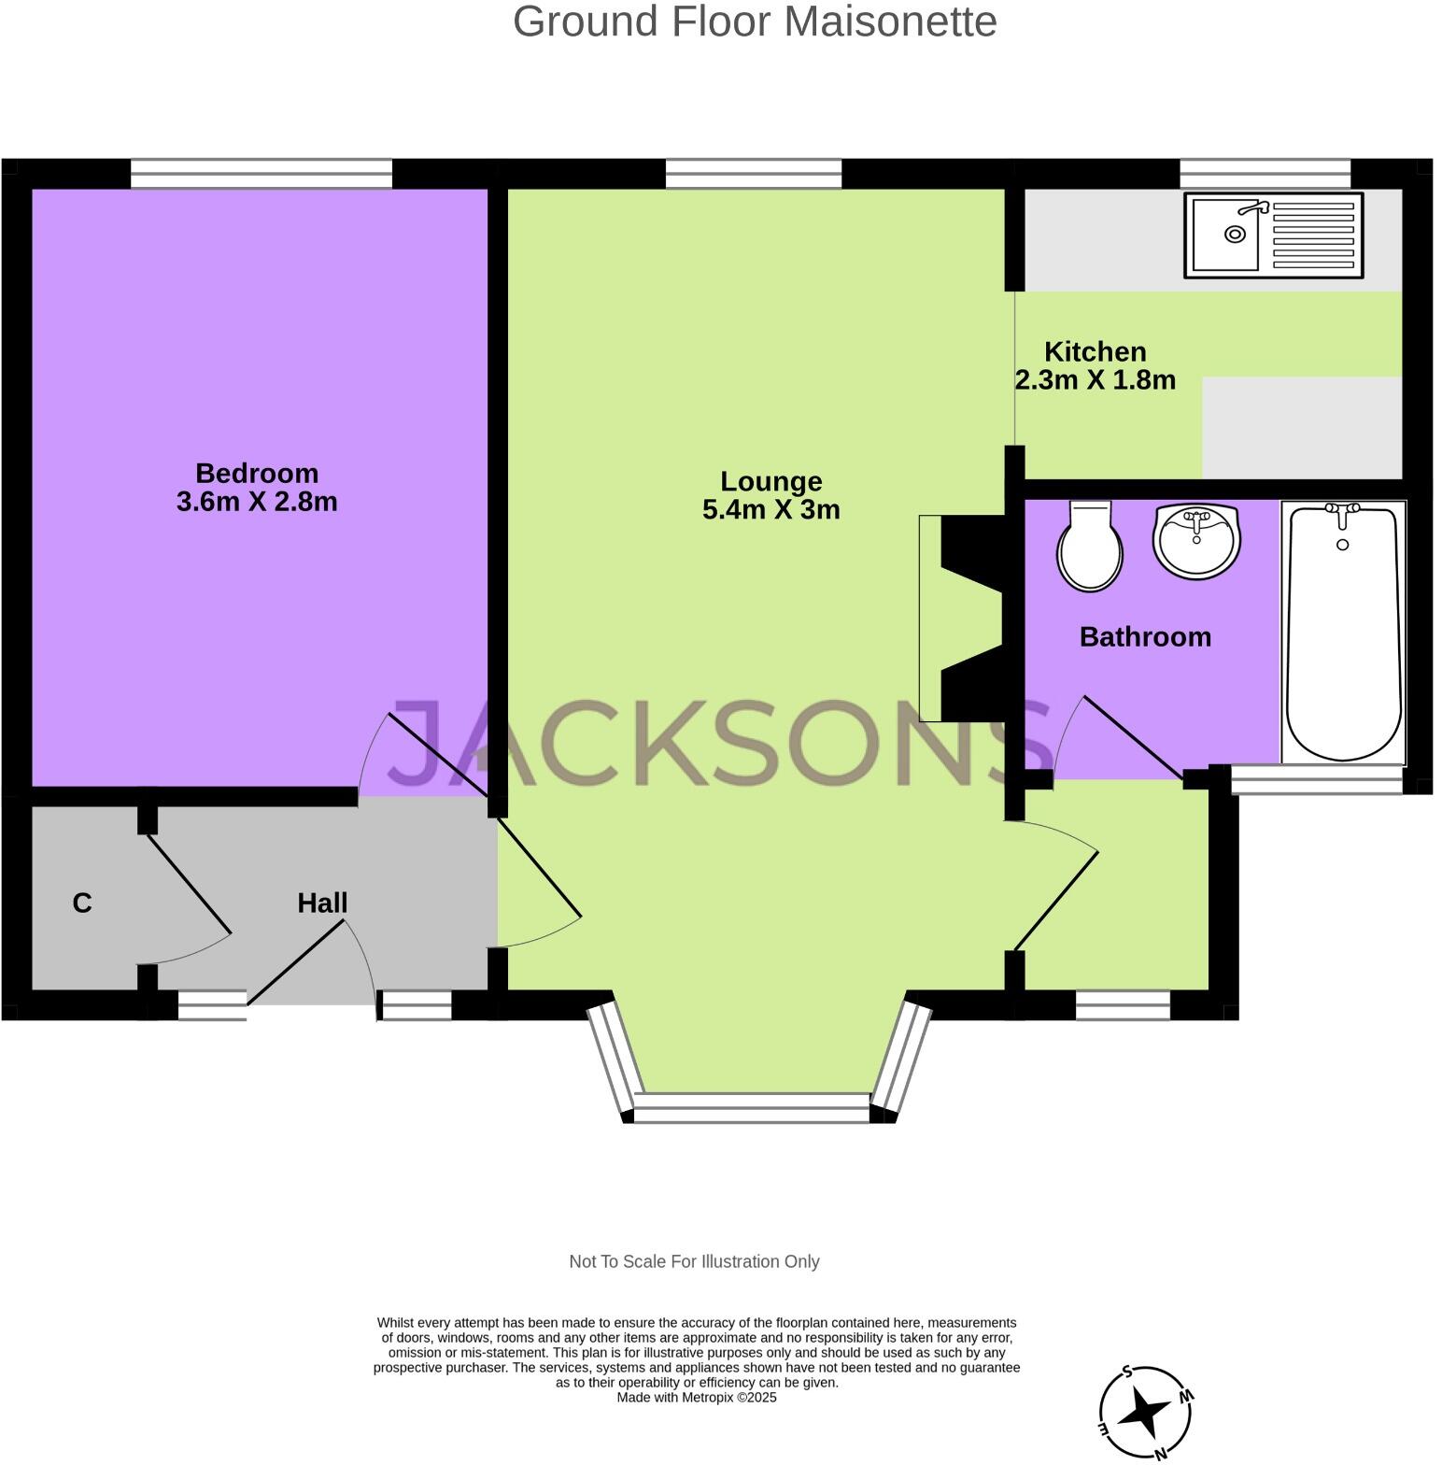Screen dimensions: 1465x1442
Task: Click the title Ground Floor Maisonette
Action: (755, 21)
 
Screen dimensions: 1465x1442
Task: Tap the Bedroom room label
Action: (257, 473)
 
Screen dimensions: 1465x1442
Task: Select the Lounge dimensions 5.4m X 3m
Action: (770, 510)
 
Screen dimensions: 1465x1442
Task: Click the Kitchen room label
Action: (1095, 351)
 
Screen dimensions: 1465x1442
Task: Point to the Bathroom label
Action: (1145, 636)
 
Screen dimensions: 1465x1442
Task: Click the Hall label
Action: (322, 903)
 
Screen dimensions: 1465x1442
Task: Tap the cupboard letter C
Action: (82, 903)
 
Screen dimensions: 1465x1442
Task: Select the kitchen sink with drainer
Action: (1273, 235)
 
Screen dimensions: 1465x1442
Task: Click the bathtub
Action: (1343, 633)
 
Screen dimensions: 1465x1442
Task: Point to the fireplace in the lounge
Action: (962, 619)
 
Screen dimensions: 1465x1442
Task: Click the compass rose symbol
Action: (1146, 1412)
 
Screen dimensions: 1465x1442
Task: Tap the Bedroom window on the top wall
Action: (261, 174)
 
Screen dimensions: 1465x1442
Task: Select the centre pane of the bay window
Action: (752, 1108)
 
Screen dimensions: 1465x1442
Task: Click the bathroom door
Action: (1131, 736)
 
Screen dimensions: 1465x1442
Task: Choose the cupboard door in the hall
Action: (190, 885)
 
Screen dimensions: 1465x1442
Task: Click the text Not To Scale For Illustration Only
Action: (694, 1261)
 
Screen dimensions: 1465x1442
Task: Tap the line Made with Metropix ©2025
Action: (696, 1398)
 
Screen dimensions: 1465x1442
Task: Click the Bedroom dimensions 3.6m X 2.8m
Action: (257, 502)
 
